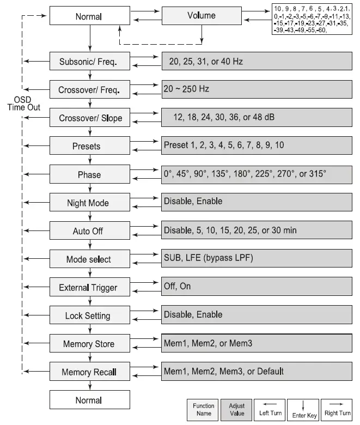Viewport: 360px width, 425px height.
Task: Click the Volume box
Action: click(201, 16)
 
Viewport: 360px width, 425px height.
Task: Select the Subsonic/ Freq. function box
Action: click(90, 61)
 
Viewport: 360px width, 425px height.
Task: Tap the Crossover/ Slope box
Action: click(90, 118)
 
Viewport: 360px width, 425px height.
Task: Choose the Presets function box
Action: click(90, 147)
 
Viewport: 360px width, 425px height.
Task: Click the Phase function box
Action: click(90, 175)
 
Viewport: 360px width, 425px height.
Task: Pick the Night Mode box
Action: click(90, 203)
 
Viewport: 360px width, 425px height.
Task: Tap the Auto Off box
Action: click(90, 231)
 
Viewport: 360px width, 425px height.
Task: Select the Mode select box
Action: click(90, 259)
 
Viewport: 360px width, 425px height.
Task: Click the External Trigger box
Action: click(90, 288)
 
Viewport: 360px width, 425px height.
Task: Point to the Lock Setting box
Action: click(90, 316)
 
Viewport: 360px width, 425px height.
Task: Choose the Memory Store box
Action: click(90, 344)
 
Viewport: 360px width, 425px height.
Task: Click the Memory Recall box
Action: click(90, 373)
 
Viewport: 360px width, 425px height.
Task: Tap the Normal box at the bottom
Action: click(90, 400)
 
